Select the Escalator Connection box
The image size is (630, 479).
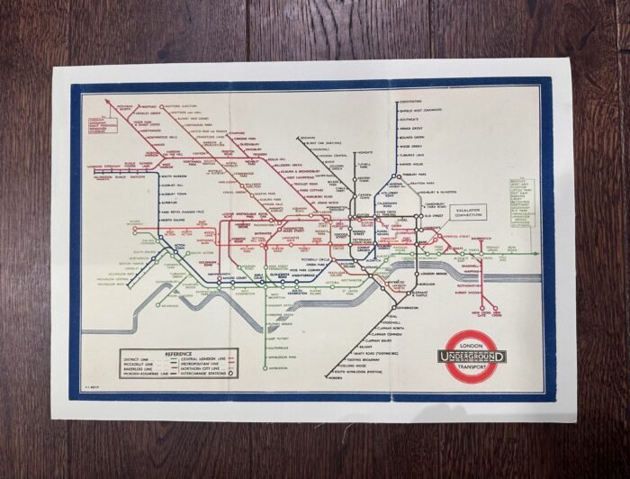point(470,212)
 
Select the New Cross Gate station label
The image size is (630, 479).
point(460,315)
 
